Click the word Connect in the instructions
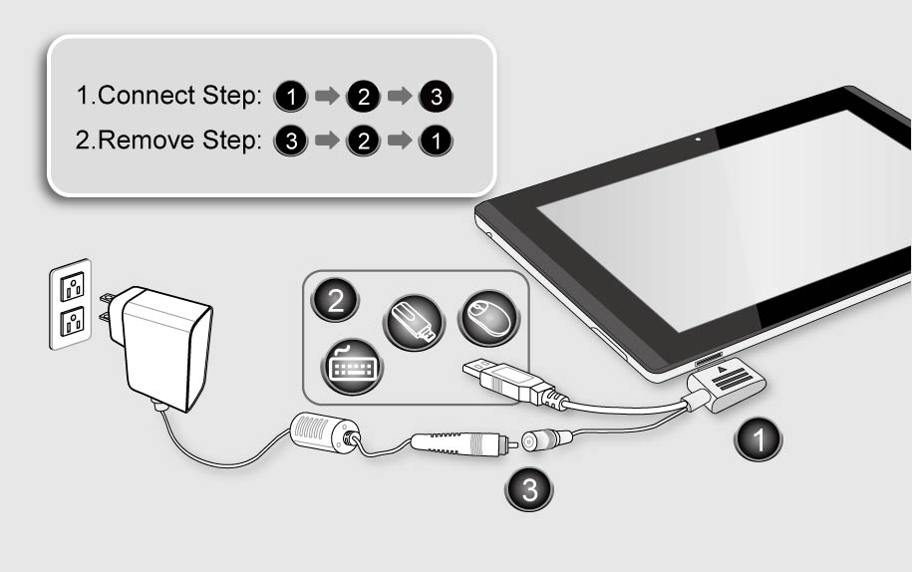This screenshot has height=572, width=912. (146, 96)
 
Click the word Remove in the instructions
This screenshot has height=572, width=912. (146, 141)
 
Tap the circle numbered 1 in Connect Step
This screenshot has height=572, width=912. (291, 97)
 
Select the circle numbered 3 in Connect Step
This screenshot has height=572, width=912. (437, 97)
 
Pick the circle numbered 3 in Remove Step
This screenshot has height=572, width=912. (291, 141)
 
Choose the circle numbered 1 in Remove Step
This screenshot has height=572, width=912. (437, 141)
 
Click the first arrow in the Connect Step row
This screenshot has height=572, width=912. (328, 96)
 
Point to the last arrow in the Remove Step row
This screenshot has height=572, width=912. (400, 141)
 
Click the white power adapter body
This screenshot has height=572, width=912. (164, 348)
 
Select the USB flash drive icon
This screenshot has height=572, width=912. (414, 323)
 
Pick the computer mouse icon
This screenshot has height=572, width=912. (488, 317)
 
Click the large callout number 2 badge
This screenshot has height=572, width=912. (336, 300)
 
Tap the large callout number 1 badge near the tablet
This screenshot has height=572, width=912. (759, 439)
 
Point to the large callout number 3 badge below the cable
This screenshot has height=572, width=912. (529, 489)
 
